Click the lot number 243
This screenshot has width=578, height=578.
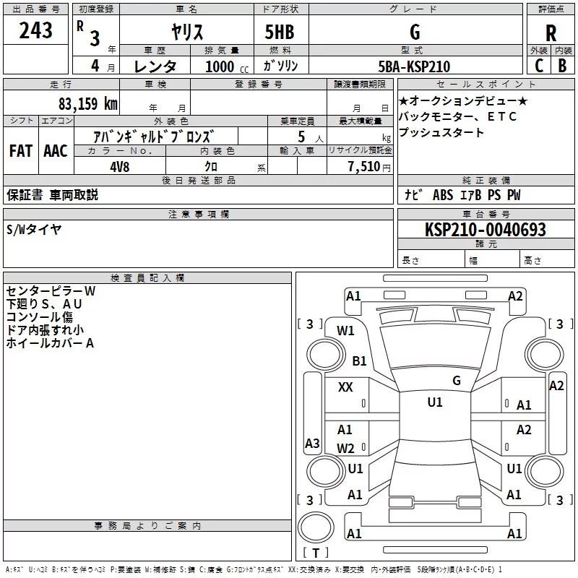tap(36, 31)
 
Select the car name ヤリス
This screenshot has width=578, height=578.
tap(186, 31)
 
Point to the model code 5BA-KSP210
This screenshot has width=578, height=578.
tap(414, 66)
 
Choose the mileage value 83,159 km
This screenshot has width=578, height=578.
tap(87, 103)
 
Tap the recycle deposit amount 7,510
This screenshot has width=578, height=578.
tap(363, 166)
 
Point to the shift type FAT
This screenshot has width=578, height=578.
tap(20, 151)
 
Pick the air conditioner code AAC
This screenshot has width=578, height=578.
tap(55, 151)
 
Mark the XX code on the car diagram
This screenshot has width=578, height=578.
tap(345, 387)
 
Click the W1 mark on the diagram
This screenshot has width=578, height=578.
tap(345, 331)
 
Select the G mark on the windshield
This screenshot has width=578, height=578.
tap(456, 380)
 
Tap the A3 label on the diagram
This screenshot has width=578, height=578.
tap(312, 443)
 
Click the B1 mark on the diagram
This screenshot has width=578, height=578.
tap(359, 361)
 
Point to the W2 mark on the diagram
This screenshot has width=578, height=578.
tap(345, 448)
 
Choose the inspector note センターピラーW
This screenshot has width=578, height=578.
tap(50, 290)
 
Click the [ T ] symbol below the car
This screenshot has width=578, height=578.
tap(315, 553)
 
